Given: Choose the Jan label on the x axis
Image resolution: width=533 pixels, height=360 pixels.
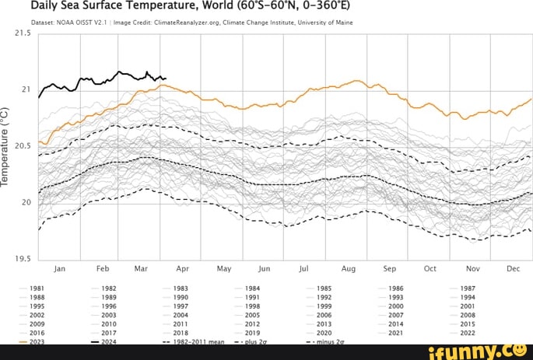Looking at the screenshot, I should (59, 269).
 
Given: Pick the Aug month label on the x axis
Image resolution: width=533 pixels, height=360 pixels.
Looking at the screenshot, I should (348, 269).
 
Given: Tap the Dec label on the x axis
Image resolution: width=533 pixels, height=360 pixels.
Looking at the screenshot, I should (513, 269).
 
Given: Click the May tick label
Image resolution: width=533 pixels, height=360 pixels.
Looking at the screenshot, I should (224, 269).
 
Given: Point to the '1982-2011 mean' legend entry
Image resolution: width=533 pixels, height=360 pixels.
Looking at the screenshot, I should (198, 341).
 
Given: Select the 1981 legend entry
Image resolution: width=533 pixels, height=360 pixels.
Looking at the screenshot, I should (37, 288).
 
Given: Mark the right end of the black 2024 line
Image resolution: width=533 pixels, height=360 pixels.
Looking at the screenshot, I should (165, 78).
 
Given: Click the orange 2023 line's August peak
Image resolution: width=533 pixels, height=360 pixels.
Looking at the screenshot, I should (356, 81).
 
